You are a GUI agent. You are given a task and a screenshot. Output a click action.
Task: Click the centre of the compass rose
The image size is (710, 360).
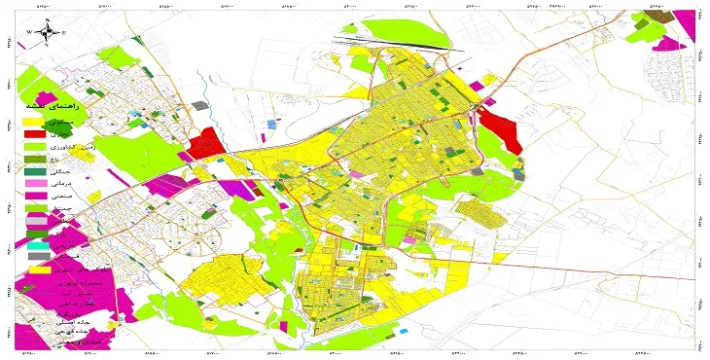48,32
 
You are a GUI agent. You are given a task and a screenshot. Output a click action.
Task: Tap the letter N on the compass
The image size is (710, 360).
48,20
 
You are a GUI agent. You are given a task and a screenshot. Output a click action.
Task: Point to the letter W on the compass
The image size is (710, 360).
31,32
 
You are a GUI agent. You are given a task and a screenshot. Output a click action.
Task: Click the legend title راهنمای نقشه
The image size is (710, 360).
63,104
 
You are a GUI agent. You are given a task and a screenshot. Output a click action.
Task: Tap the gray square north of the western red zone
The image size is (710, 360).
199,105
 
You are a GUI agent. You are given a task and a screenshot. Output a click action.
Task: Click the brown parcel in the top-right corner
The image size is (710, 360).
643,17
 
